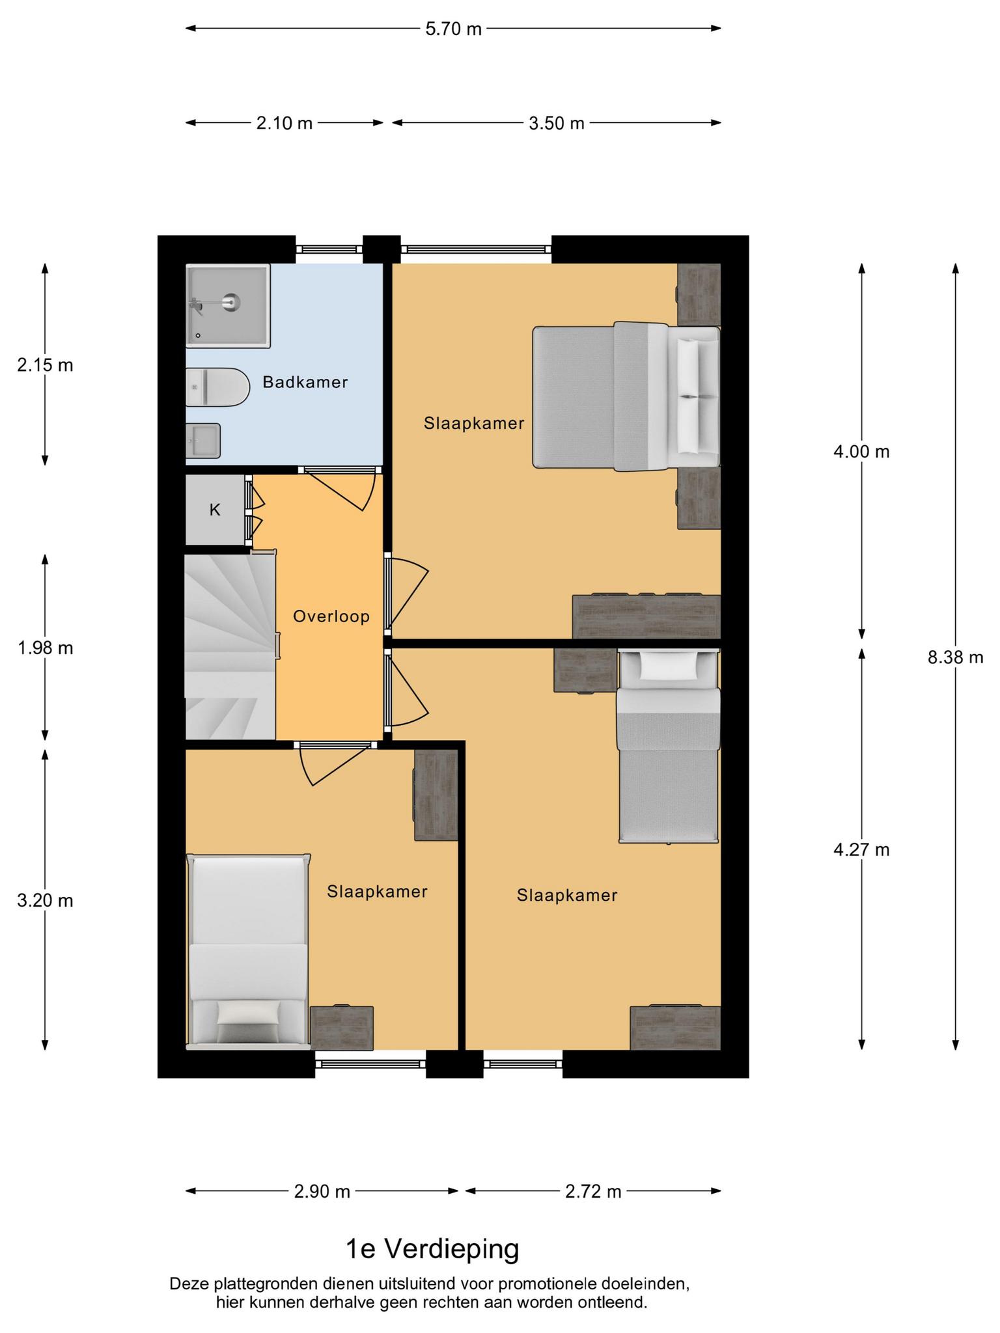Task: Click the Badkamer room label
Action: coord(305,382)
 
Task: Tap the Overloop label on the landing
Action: coord(331,616)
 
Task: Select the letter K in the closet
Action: coord(215,510)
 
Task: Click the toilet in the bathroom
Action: coord(217,387)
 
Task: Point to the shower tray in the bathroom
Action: coord(228,305)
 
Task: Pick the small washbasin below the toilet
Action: coord(203,441)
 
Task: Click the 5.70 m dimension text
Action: coord(453,29)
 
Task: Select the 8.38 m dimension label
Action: coord(955,657)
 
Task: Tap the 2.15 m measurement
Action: coord(45,365)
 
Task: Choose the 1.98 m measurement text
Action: coord(45,648)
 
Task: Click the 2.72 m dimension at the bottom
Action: coord(593,1192)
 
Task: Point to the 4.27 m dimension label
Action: coord(861,849)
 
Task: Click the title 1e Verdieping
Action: coord(432,1249)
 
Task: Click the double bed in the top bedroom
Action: coord(626,396)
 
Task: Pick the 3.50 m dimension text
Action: coord(557,123)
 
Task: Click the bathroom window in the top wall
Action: coord(329,249)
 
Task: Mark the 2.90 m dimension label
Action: coord(322,1192)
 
